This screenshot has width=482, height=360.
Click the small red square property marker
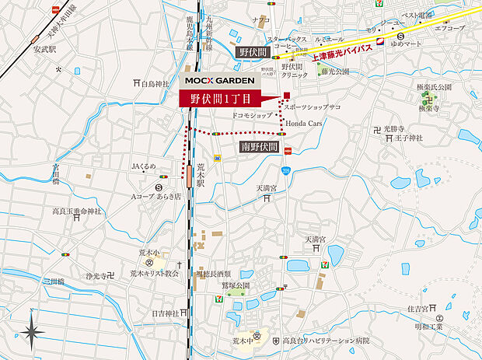click(286, 96)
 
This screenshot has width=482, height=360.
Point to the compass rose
click(32, 331)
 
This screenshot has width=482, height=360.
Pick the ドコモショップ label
click(252, 114)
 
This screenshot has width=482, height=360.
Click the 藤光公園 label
click(334, 72)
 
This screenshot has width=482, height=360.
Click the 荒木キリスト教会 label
click(154, 274)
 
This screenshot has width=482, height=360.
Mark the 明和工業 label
click(429, 327)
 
